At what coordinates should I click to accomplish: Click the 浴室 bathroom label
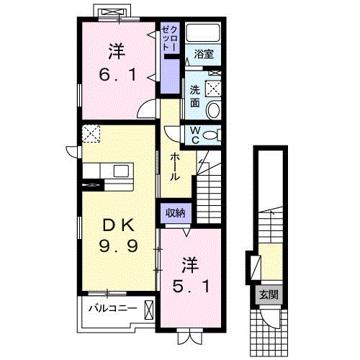pos(204,54)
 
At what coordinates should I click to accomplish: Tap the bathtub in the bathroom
pos(203,32)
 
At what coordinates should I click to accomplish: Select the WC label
pos(195,135)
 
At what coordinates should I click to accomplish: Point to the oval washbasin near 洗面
pos(213,110)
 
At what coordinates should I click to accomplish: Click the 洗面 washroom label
pos(195,96)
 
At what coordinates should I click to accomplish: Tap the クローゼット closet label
pos(170,38)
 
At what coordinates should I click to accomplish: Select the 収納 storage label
pos(175,212)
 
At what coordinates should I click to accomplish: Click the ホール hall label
pos(174,167)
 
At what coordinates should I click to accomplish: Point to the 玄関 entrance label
pos(269,294)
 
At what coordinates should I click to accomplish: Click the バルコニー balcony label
pos(113,308)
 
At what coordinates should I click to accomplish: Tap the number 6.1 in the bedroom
pos(117,74)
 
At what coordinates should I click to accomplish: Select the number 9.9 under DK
pos(119,246)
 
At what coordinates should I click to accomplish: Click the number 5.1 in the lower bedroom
pos(191,287)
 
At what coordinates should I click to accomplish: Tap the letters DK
pos(118,225)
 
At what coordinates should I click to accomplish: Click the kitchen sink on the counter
pos(121,171)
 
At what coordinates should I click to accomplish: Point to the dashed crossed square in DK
pos(91,134)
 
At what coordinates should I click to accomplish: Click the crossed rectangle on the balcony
pos(148,310)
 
